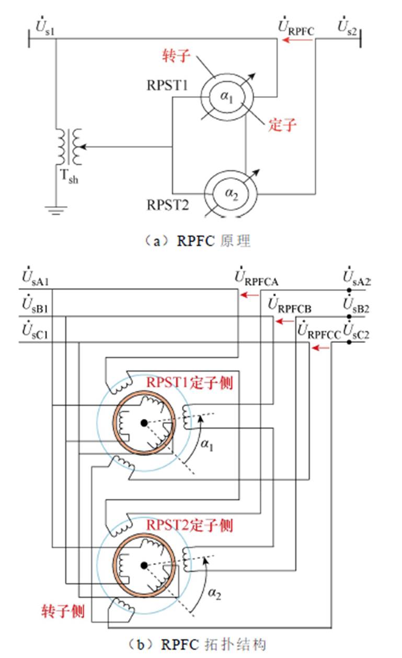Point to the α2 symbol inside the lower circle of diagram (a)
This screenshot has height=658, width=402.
pyautogui.click(x=231, y=193)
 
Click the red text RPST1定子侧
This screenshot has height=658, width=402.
pyautogui.click(x=189, y=383)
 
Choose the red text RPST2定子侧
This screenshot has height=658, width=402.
pyautogui.click(x=189, y=525)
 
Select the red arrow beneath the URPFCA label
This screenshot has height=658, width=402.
pyautogui.click(x=249, y=295)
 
